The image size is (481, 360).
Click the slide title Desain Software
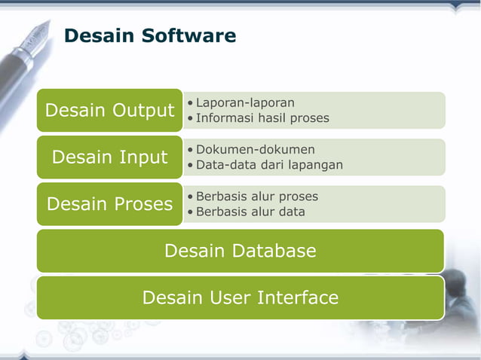click(x=150, y=35)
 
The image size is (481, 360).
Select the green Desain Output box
click(x=109, y=111)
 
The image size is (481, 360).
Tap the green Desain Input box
click(x=109, y=157)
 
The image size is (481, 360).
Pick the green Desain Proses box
click(x=109, y=204)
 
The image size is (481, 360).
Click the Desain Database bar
click(x=240, y=251)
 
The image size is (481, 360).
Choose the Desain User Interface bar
click(x=240, y=297)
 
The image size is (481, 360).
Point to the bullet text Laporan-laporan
click(x=245, y=102)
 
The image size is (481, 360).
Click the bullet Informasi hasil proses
click(x=262, y=118)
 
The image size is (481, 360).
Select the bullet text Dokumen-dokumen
click(x=255, y=149)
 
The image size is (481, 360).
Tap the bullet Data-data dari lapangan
click(x=269, y=165)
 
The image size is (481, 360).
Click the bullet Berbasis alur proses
click(x=257, y=196)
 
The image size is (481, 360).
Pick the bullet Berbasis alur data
click(x=250, y=212)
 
